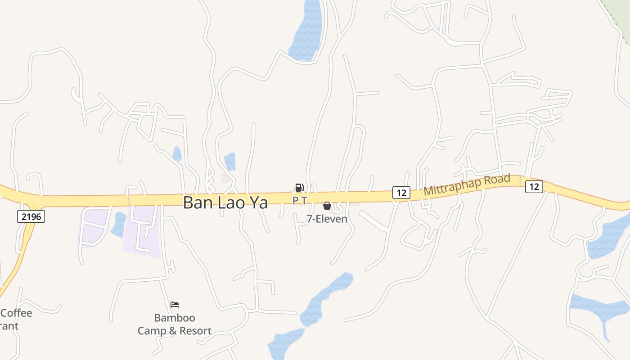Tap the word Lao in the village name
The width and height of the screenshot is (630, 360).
point(228,202)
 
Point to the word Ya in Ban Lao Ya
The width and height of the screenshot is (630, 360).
point(258,202)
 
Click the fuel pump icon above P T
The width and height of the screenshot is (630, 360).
point(299,188)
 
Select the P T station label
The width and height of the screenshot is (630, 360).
point(300,200)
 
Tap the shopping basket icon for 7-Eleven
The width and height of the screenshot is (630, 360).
point(327,206)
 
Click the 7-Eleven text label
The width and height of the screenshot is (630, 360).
point(327,219)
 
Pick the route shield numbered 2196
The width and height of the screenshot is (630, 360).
point(31,217)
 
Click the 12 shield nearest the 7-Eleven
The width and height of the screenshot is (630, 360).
point(401,193)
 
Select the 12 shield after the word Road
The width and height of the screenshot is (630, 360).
point(534,186)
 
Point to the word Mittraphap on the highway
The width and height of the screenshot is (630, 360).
point(453,186)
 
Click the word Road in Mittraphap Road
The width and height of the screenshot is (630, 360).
point(497,180)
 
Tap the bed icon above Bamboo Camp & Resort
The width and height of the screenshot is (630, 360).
point(175,305)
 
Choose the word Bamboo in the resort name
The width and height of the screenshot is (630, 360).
point(175,318)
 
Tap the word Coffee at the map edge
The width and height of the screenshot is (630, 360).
point(17,313)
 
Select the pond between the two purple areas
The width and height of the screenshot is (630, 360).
point(119,225)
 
